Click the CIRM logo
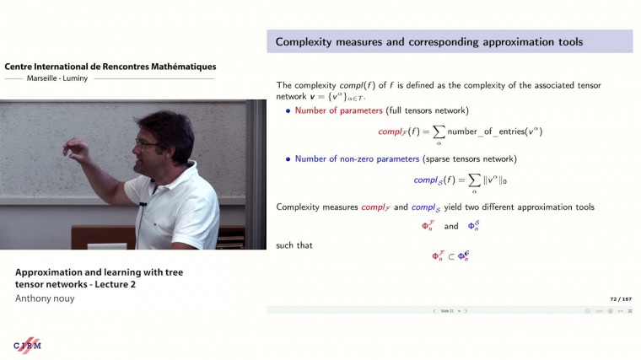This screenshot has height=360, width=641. click(x=27, y=346)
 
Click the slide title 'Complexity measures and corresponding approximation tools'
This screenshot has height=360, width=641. click(x=428, y=41)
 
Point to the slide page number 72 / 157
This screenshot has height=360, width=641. click(x=620, y=298)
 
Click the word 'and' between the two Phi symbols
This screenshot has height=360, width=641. click(x=451, y=227)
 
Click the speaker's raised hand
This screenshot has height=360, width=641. click(x=77, y=153)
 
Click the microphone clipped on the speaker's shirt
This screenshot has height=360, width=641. click(x=143, y=205)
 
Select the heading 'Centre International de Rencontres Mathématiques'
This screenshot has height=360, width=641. click(x=110, y=66)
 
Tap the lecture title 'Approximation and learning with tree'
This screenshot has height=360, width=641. click(x=99, y=272)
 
